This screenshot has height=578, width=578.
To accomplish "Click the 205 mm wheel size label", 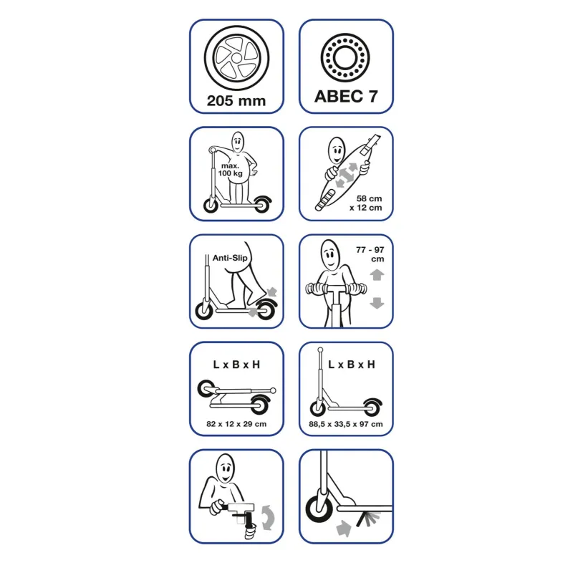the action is point(236,101).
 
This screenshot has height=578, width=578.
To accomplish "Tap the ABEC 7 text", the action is point(346,96).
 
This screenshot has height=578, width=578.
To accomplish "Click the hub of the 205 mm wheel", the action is point(236,58).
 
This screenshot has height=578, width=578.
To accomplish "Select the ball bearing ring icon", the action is point(345,58).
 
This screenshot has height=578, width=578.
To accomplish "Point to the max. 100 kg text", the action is point(230,170).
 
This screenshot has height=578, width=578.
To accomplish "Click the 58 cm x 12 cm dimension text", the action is point(366,203).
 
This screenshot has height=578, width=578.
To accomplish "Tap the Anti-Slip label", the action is point(230,258).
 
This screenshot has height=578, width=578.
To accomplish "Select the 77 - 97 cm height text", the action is point(370,254).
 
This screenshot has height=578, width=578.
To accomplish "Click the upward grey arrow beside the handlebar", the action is point(377,274).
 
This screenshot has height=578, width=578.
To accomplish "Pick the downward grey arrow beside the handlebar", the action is point(377,303).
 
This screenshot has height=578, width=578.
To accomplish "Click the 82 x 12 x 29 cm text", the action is point(236,424).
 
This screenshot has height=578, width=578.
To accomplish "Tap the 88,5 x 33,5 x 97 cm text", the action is point(346,424).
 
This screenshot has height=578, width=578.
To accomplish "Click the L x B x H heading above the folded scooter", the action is point(236,365).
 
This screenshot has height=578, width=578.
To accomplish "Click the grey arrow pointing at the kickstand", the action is point(344,529).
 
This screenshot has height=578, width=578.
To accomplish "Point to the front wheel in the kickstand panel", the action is point(319,506).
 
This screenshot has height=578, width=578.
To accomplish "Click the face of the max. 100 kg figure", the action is point(238,141).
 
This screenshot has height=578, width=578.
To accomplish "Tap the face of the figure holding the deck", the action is point(337,150).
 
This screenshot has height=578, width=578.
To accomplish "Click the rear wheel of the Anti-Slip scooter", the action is point(266,310).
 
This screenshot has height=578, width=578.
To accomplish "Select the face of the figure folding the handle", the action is point(225,468).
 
